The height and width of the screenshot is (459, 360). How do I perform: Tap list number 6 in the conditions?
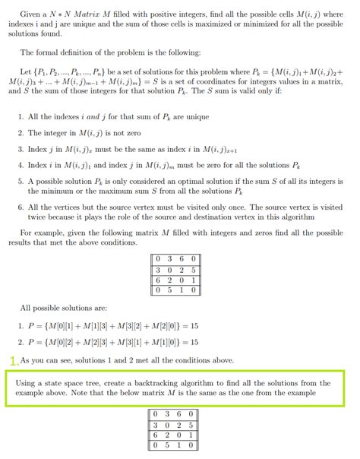point(20,207)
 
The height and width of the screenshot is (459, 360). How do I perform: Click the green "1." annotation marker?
point(14,360)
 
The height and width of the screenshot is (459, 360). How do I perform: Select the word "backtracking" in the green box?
point(178,382)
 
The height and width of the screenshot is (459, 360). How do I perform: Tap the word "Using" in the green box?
point(27,382)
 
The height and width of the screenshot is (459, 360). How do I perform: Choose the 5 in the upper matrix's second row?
point(194,269)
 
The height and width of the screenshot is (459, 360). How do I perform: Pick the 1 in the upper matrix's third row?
point(194,279)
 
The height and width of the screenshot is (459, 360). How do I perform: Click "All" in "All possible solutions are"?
point(27,309)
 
